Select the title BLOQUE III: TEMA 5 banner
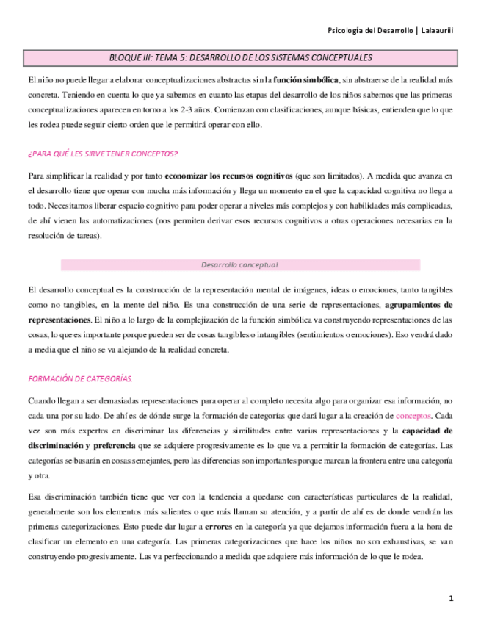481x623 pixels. (240, 57)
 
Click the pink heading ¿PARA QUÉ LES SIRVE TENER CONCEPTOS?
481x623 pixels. (102, 154)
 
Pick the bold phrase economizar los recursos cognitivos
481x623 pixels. (228, 177)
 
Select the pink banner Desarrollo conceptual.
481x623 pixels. (240, 264)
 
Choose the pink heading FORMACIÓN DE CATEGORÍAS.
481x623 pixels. (79, 378)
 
